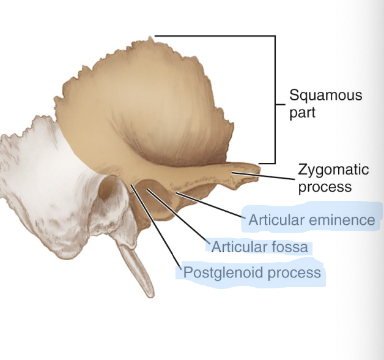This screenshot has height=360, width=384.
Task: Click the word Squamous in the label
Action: click(325, 96)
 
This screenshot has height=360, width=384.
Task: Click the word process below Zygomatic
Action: click(325, 186)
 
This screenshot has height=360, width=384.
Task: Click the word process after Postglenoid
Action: click(293, 272)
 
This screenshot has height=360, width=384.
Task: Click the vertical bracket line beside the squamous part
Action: click(275, 98)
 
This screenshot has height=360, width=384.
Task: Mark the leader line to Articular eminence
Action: click(208, 204)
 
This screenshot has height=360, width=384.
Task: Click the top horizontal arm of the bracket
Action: click(214, 36)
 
